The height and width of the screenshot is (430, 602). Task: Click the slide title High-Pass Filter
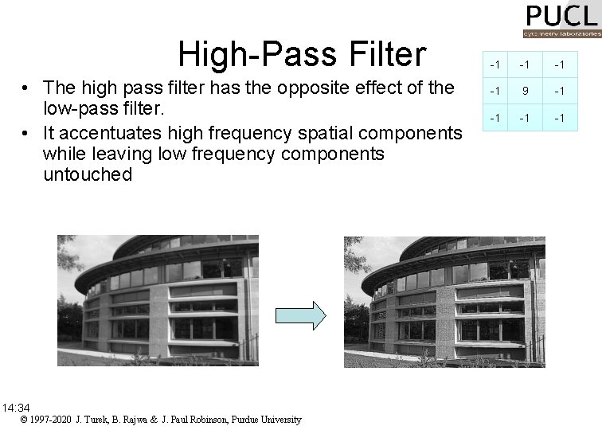click(302, 54)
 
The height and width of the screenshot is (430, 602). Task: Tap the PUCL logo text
click(561, 16)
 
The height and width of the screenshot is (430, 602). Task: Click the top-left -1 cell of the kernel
click(495, 64)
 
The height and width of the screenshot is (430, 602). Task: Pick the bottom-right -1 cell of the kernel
click(560, 118)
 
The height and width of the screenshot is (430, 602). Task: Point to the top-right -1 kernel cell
click(560, 64)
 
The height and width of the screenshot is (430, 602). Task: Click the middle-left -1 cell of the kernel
click(495, 90)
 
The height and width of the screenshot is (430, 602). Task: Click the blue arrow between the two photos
click(300, 315)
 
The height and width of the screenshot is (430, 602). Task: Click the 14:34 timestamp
click(15, 408)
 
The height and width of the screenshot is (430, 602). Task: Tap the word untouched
click(88, 174)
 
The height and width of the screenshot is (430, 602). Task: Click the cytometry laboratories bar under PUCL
click(561, 34)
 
